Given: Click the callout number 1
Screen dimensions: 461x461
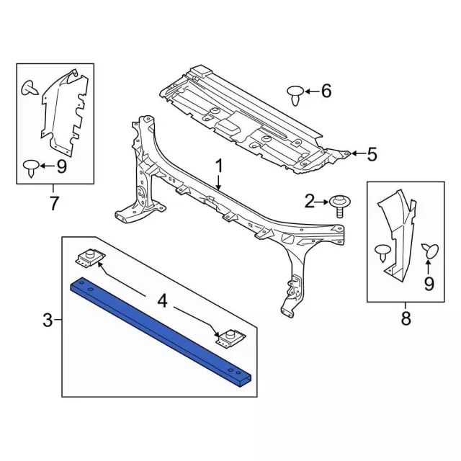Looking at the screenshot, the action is [x=220, y=167].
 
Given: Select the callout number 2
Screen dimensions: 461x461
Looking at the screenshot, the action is [x=309, y=202].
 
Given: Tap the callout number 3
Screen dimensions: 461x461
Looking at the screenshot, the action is [x=48, y=320].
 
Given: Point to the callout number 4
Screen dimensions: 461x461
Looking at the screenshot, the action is [x=163, y=302].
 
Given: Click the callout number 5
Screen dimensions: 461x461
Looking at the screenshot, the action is [x=372, y=154].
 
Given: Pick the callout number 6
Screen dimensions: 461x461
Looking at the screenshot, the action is [x=326, y=91].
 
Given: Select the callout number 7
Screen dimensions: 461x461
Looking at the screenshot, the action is [x=53, y=202].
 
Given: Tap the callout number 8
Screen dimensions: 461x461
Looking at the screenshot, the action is [x=406, y=318].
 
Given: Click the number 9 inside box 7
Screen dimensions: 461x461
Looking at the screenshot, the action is [x=61, y=166].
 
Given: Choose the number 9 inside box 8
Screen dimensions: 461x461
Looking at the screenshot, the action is [x=429, y=283].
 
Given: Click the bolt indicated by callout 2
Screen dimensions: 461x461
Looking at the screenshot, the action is [x=340, y=207].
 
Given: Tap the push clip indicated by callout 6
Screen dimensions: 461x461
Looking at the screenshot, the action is [x=295, y=96].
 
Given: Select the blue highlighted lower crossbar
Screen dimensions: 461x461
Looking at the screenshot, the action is [x=161, y=331].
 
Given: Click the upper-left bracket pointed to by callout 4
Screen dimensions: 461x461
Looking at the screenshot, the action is [x=89, y=258].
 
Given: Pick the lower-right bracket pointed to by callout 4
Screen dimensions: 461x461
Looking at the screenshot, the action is [x=231, y=338].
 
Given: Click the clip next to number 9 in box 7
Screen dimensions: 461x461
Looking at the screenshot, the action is [x=31, y=168].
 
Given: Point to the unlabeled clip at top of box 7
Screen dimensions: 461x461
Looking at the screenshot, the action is [x=30, y=88].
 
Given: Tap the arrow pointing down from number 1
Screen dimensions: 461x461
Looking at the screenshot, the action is [x=218, y=182].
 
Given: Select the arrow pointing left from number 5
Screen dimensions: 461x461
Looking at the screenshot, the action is [x=358, y=153].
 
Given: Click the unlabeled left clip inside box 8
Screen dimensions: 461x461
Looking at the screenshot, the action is [x=382, y=253].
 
